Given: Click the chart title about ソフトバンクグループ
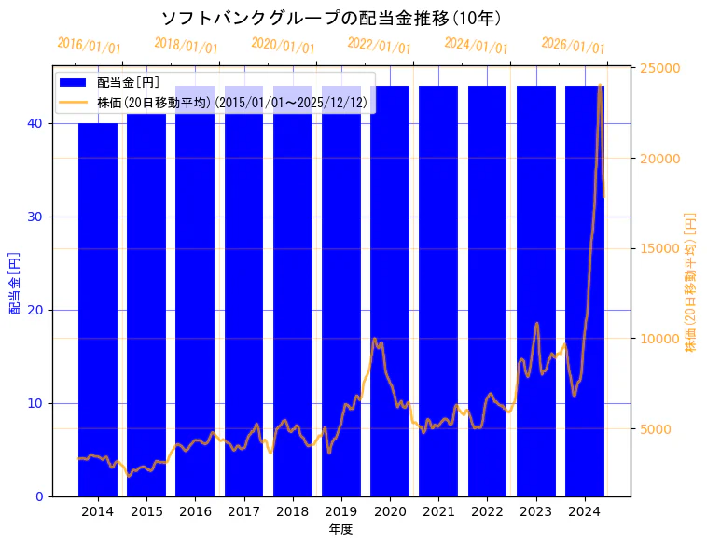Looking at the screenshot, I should (331, 19).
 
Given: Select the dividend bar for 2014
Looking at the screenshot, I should (98, 308).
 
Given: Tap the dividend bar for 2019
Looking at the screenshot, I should (341, 289).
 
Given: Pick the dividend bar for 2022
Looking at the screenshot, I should (487, 289).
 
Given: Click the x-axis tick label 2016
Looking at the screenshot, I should (195, 511).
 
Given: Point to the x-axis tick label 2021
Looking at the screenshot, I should (438, 511).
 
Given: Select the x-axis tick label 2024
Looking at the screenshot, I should (585, 511).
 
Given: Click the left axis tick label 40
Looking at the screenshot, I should (37, 123).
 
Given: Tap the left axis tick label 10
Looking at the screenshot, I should (37, 403).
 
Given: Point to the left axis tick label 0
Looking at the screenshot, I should (40, 496).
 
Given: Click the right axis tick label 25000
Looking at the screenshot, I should (658, 68).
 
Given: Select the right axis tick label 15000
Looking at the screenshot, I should (658, 248).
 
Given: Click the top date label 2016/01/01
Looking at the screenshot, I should (89, 46).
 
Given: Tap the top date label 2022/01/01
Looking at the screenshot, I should (379, 46).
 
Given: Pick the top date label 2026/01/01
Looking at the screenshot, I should (573, 46).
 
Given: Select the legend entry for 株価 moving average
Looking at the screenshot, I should (232, 102).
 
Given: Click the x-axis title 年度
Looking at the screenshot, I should (340, 529).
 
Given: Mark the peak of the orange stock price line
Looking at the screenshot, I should (599, 86).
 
